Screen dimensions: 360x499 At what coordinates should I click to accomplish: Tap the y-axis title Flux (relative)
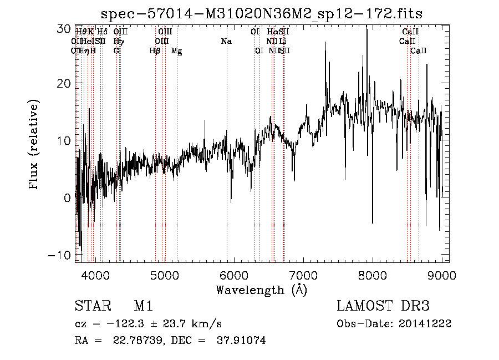34,145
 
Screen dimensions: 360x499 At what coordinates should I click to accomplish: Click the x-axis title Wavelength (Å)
261,290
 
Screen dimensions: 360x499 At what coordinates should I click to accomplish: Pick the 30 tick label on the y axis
64,27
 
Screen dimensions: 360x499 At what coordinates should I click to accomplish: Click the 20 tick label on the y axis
64,84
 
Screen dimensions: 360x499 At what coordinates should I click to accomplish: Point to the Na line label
226,42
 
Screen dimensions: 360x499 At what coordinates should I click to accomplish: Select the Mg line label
176,51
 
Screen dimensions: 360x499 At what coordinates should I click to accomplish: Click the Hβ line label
155,51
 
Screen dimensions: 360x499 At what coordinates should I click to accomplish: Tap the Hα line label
272,32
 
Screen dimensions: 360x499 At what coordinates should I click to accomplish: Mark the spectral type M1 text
144,306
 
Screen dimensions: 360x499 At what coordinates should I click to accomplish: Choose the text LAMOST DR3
383,306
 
